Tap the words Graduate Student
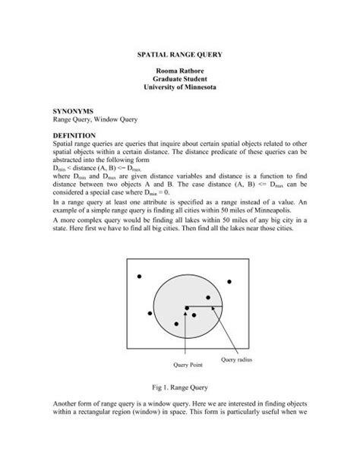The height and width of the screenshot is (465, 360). point(180,88)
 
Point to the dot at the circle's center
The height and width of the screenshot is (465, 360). point(186,308)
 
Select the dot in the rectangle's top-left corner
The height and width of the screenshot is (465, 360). point(137,277)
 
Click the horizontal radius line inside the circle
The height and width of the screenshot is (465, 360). point(204,307)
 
